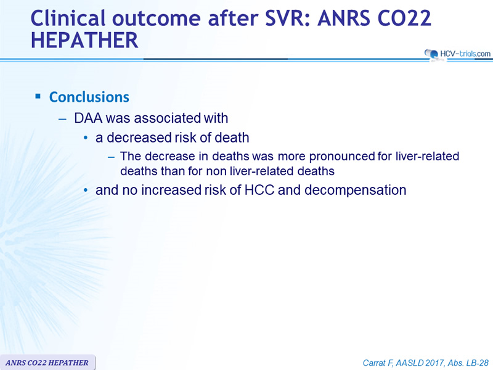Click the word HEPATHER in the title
tap(84, 40)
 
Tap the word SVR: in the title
tap(288, 18)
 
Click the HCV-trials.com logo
tap(457, 54)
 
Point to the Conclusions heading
tap(89, 97)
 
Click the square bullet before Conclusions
tap(38, 96)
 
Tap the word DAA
tap(88, 118)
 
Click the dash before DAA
tap(63, 119)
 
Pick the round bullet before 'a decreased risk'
tap(86, 138)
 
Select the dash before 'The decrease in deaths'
tap(112, 157)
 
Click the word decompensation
tap(356, 191)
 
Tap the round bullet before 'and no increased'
tap(86, 190)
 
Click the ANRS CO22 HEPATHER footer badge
tap(47, 363)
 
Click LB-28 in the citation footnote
tap(478, 363)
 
